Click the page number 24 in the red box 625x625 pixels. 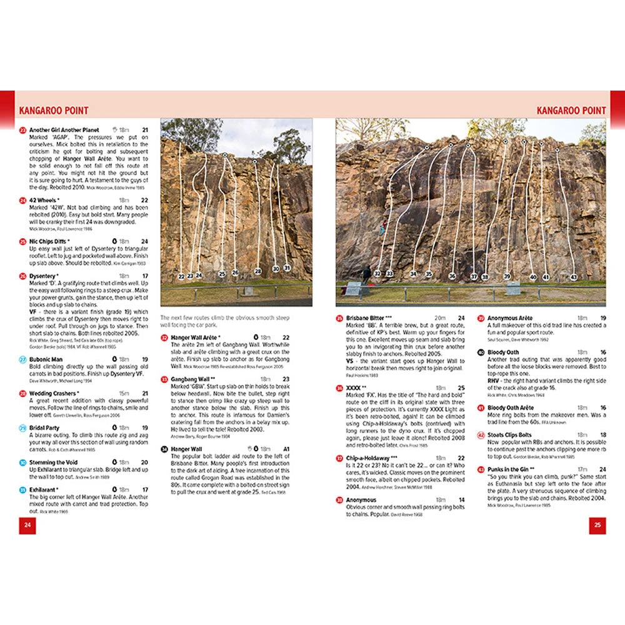coord(27,525)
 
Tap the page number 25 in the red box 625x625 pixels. coord(597,525)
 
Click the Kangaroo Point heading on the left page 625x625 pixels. coord(54,111)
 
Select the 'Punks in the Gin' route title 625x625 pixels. coord(511,469)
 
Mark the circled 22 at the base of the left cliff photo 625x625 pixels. coord(181,276)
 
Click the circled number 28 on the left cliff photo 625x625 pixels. coord(257,271)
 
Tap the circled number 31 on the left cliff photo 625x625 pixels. coord(287,268)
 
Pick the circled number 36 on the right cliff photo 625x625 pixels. coord(452,276)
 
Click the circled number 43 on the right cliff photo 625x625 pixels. coord(574,277)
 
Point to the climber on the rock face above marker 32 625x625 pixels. coord(382,230)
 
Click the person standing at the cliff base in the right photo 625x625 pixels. coord(367,274)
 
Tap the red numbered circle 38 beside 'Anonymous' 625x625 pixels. coord(339,500)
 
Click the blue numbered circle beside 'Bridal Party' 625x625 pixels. coord(22,428)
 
